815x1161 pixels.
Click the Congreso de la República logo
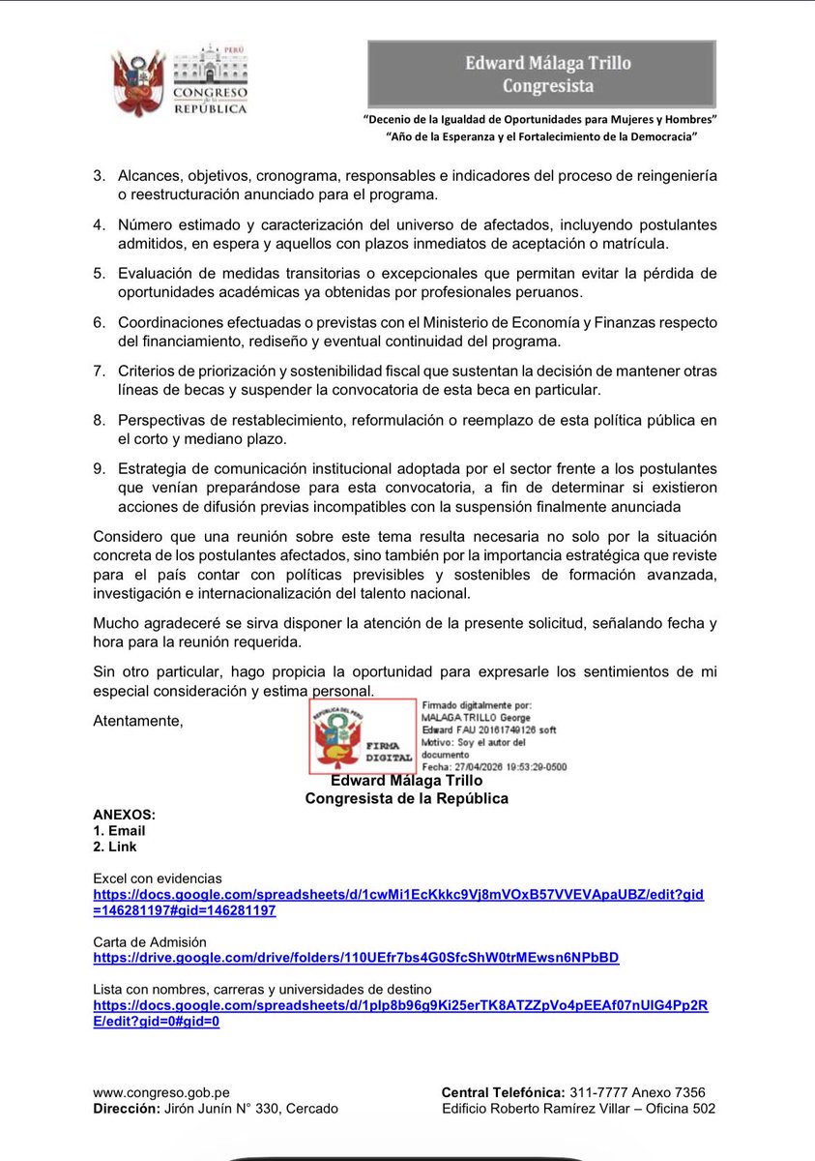181,79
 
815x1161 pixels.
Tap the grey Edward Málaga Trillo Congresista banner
541,74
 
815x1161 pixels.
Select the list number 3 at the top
99,178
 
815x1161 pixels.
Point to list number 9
99,468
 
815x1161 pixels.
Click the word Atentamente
137,720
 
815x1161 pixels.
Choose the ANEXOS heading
124,815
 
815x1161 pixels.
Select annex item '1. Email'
119,831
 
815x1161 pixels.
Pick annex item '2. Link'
115,847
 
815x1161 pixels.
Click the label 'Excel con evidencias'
158,878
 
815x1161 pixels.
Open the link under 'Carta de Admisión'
356,958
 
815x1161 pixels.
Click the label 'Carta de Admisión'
150,941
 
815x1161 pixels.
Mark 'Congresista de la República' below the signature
406,798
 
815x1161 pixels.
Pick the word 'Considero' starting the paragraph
127,536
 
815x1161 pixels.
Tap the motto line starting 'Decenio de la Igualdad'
540,118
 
